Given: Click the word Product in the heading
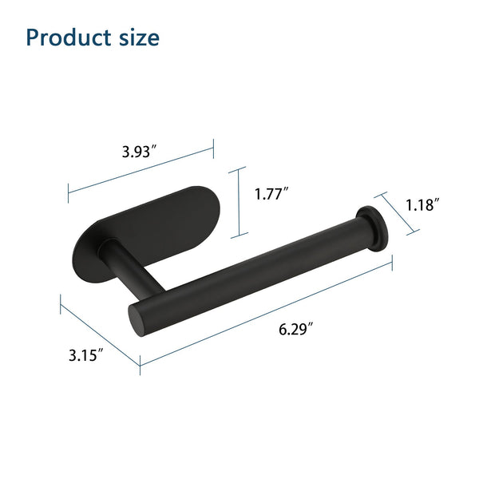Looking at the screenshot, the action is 69,38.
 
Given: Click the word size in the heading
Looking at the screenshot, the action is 139,38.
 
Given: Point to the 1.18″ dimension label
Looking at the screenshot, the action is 422,204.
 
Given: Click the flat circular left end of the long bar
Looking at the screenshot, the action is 137,320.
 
